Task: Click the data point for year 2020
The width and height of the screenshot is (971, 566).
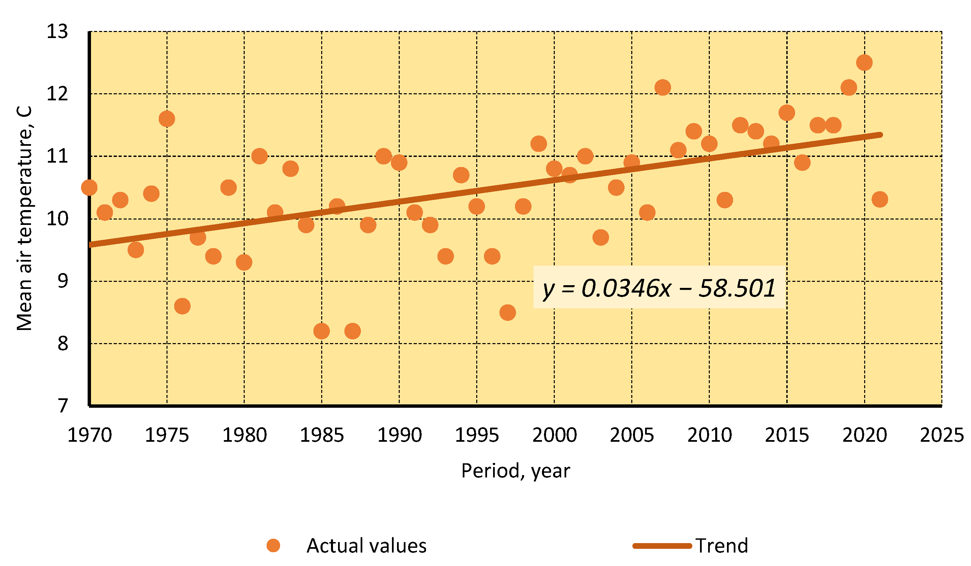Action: [x=864, y=63]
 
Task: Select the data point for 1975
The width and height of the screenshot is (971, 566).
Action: [x=167, y=119]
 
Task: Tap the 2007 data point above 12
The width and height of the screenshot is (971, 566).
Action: [x=662, y=88]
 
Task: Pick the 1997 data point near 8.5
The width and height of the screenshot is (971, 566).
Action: [x=508, y=312]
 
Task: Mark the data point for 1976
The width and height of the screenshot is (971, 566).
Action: [x=182, y=306]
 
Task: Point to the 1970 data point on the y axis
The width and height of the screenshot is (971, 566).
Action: [x=89, y=188]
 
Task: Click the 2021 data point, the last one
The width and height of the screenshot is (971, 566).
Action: [x=880, y=199]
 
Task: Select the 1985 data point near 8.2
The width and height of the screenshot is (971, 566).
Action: [x=321, y=331]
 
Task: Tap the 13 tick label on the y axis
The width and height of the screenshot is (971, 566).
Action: [x=57, y=32]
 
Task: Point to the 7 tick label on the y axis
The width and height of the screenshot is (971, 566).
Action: [x=63, y=406]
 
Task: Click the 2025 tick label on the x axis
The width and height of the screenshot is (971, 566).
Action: [x=942, y=435]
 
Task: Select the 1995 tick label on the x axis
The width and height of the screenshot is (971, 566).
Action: [x=477, y=435]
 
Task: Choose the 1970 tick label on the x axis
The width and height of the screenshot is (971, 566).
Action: [x=89, y=435]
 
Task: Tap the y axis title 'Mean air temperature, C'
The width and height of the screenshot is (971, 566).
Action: [x=25, y=218]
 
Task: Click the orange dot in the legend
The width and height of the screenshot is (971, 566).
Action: [x=273, y=545]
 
